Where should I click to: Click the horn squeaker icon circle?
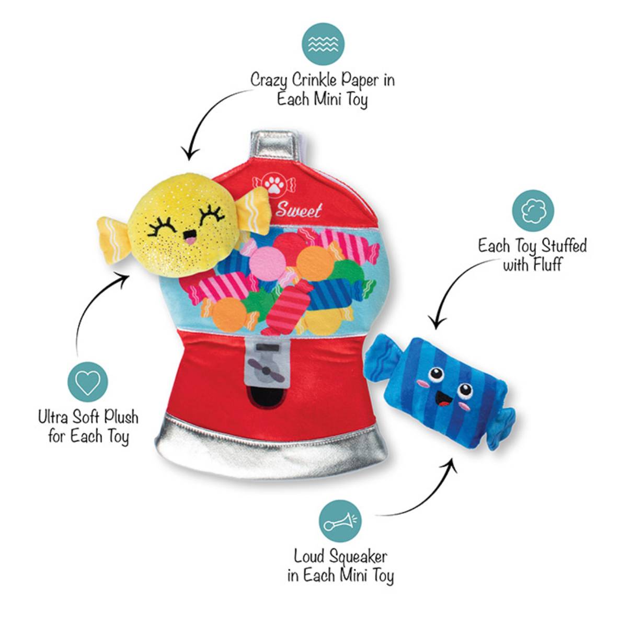(x=340, y=521)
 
